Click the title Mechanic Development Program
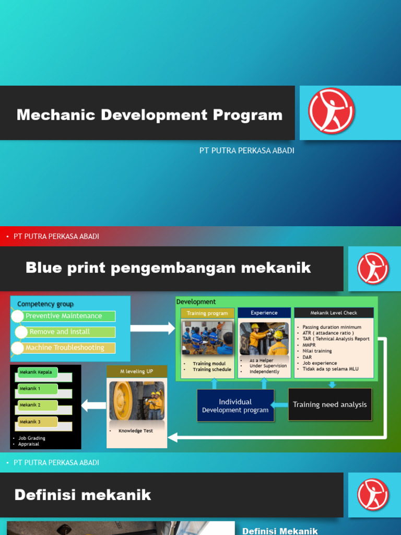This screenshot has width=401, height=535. pyautogui.click(x=149, y=115)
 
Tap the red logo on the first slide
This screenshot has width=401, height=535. pyautogui.click(x=331, y=111)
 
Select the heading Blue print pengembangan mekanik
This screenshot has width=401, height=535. pyautogui.click(x=168, y=268)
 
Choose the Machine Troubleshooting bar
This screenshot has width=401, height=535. pyautogui.click(x=65, y=348)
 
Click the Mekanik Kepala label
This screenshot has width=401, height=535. pyautogui.click(x=36, y=373)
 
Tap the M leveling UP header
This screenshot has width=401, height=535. pyautogui.click(x=137, y=371)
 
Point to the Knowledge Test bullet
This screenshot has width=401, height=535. pyautogui.click(x=136, y=431)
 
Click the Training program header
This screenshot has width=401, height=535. pyautogui.click(x=207, y=313)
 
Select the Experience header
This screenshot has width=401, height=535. pyautogui.click(x=264, y=313)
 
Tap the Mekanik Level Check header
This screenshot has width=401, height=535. pyautogui.click(x=334, y=313)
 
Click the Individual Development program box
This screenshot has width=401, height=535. pyautogui.click(x=235, y=406)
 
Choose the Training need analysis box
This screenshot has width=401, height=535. pyautogui.click(x=330, y=404)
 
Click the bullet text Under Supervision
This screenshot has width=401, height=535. pyautogui.click(x=268, y=366)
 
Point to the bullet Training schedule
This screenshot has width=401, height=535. pyautogui.click(x=211, y=369)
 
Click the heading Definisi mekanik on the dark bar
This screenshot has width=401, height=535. pyautogui.click(x=83, y=495)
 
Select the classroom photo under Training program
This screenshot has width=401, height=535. pyautogui.click(x=207, y=338)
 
